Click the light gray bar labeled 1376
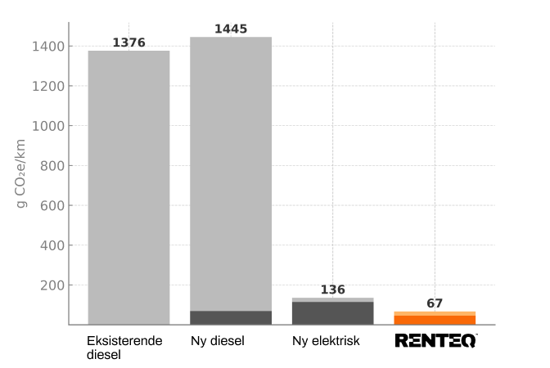[x=128, y=187]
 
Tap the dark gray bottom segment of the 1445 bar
[x=231, y=317]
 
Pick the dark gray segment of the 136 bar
[x=332, y=313]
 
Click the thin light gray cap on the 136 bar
[x=332, y=300]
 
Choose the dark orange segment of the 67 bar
[x=435, y=320]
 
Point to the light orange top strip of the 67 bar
[x=435, y=313]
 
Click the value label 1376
[x=128, y=43]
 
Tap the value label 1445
[x=231, y=29]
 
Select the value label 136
[x=332, y=289]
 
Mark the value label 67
[x=435, y=303]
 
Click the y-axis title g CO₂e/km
[x=22, y=173]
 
